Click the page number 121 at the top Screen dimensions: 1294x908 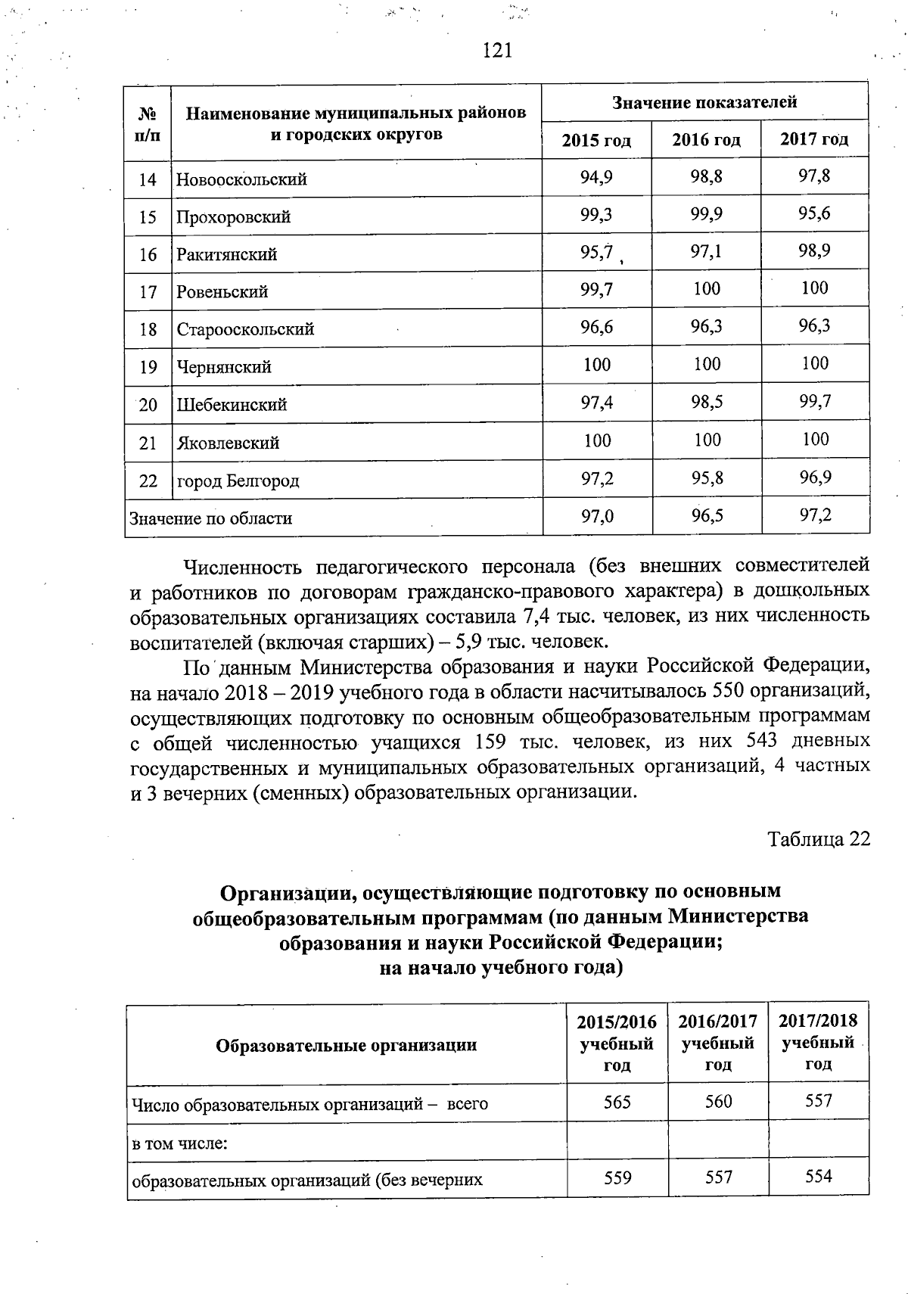497,51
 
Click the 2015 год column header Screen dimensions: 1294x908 596,141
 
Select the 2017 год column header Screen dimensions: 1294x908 814,140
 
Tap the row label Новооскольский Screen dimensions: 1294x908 241,180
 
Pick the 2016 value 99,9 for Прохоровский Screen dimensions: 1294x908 706,214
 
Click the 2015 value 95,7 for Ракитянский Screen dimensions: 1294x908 596,252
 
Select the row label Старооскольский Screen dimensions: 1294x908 245,330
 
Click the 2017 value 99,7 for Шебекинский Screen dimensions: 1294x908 814,402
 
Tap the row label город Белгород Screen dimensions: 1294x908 238,481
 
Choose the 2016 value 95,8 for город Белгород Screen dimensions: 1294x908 706,478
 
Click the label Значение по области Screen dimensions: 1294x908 211,519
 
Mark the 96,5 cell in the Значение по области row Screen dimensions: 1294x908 706,516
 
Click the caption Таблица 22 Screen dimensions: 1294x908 819,839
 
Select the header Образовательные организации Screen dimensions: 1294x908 347,1046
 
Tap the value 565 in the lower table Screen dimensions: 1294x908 617,1102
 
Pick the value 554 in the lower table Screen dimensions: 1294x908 819,1176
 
